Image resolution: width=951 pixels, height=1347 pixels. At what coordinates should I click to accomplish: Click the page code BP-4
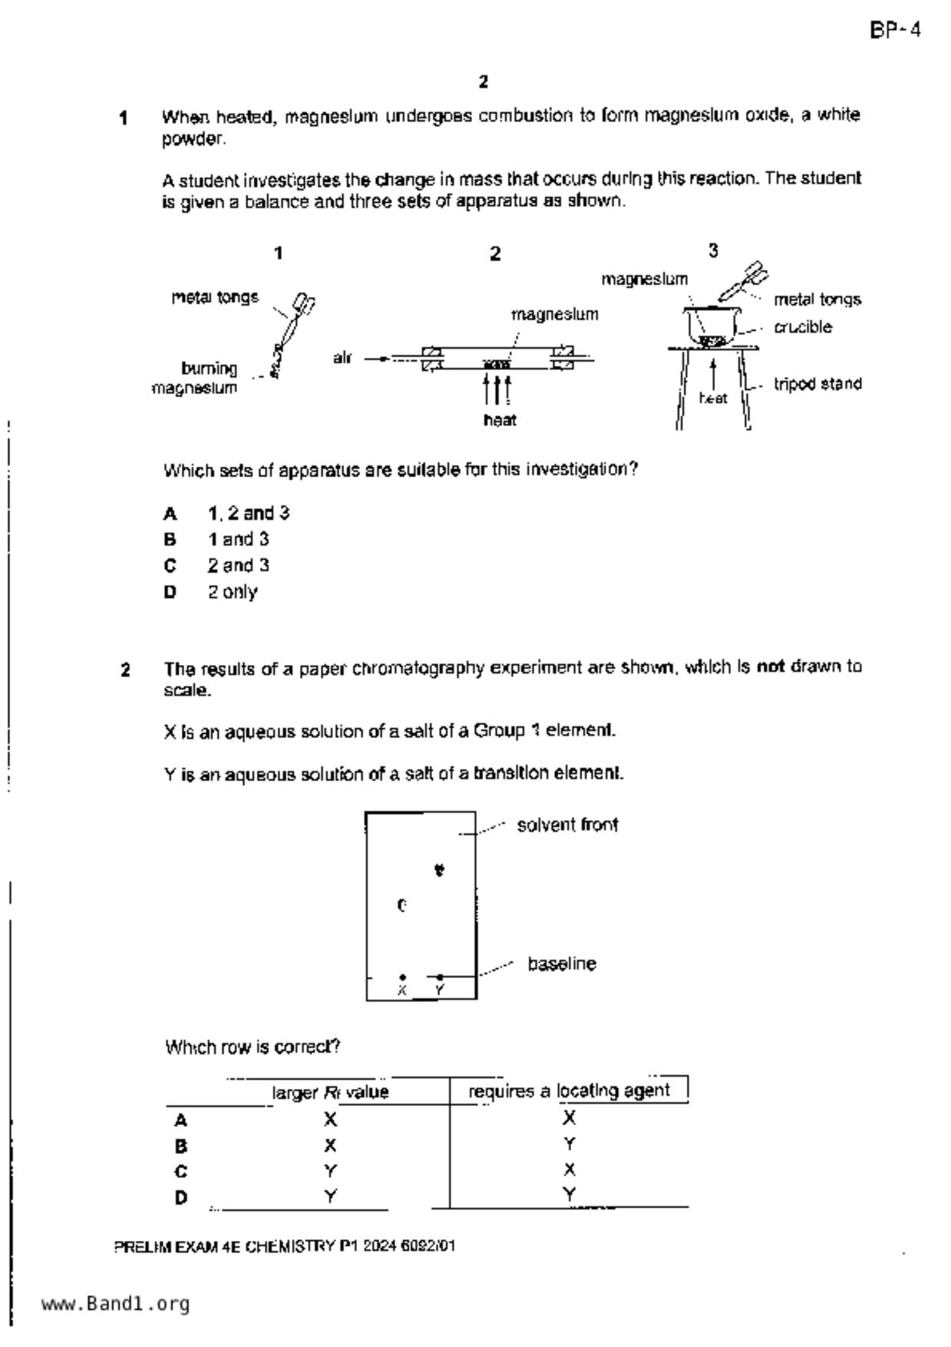tap(895, 31)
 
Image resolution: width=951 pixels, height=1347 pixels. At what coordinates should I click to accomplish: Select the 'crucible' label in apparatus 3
tap(802, 327)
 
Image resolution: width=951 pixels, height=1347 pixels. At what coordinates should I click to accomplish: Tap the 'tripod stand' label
tap(817, 384)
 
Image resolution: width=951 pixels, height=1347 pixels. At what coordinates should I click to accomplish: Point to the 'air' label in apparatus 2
tap(342, 358)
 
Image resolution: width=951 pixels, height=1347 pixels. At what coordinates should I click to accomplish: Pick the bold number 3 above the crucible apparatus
tap(713, 251)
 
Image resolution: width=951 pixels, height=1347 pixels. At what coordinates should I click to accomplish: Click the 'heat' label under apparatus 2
tap(500, 420)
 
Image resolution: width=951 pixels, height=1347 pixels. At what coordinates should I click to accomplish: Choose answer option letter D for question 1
tap(170, 592)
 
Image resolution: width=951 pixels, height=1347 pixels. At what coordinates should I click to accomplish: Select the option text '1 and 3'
tap(238, 539)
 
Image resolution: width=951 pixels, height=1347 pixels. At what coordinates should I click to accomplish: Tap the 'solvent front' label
tap(567, 825)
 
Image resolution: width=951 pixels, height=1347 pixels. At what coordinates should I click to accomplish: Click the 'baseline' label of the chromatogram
tap(562, 964)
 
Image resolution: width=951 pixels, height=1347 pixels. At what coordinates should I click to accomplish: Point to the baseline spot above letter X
tap(403, 977)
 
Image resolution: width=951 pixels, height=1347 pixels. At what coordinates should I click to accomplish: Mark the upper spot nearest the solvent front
tap(439, 870)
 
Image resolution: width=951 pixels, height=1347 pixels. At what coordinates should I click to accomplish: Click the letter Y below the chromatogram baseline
tap(439, 991)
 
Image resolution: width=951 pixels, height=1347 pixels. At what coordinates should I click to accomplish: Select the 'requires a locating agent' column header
tap(569, 1091)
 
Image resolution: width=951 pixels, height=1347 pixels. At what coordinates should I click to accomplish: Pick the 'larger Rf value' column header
tap(330, 1092)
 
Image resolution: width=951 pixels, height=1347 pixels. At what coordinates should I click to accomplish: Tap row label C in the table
tap(181, 1172)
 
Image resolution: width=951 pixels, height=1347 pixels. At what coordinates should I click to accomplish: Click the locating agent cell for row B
tap(569, 1145)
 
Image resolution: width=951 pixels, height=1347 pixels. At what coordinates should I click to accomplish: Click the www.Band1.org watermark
tap(115, 1303)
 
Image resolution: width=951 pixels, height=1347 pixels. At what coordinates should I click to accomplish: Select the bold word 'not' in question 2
tap(771, 667)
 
